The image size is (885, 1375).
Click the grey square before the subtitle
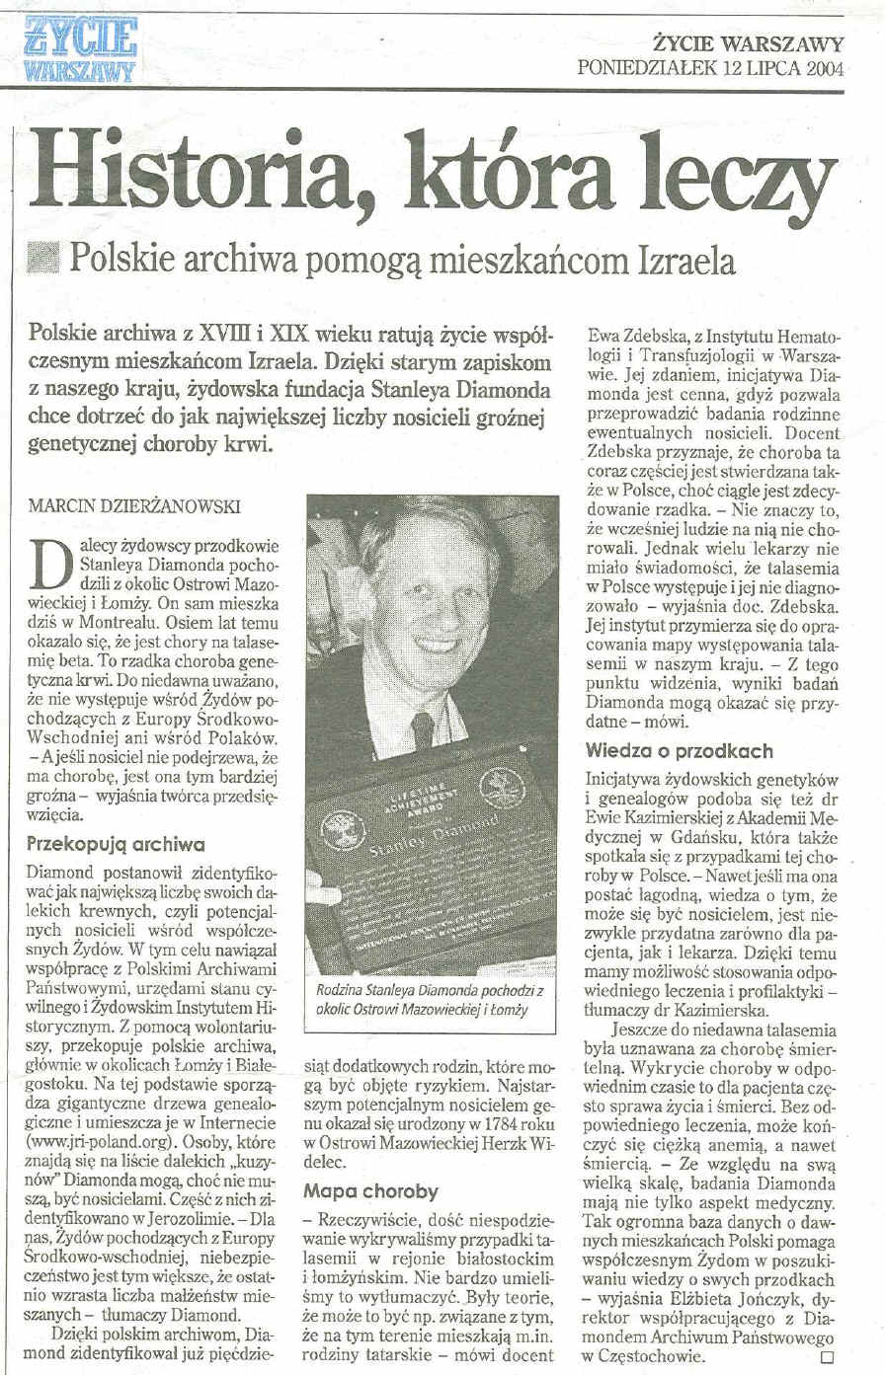tap(45, 261)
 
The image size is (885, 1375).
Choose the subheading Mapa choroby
tap(370, 1190)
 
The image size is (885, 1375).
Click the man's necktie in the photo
tap(423, 730)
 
